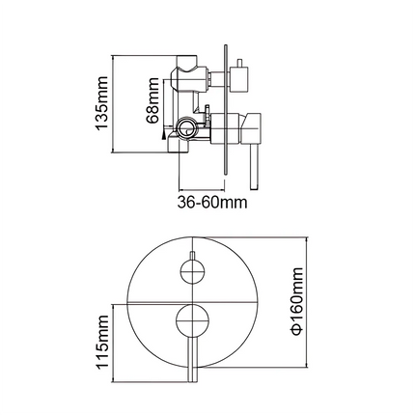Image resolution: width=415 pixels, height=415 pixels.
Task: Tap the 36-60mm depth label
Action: (x=212, y=204)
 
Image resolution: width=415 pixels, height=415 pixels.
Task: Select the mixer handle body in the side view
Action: (x=251, y=124)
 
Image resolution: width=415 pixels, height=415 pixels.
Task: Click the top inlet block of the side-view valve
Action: (x=189, y=70)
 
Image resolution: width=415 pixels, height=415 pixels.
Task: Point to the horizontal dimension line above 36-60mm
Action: (x=205, y=189)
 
